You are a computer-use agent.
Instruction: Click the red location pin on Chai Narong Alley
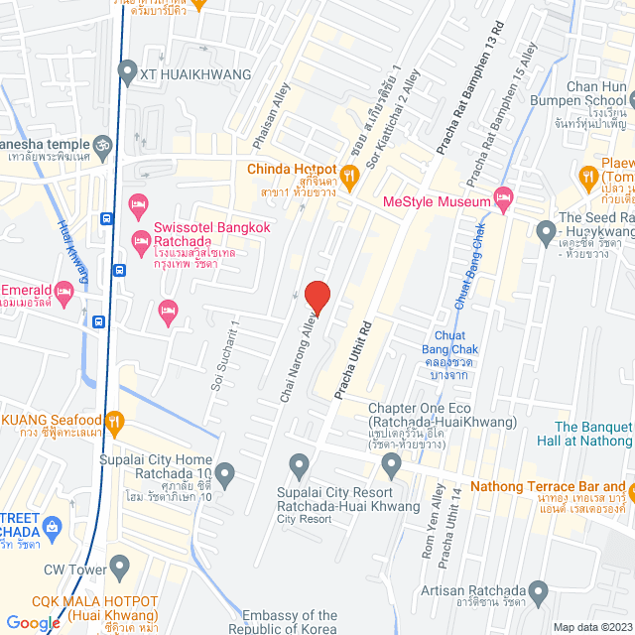click(317, 297)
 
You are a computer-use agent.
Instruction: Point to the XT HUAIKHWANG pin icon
click(126, 71)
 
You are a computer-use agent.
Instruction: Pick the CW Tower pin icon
click(120, 569)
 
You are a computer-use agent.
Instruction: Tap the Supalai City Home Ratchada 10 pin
click(225, 475)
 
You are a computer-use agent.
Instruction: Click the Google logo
click(33, 623)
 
